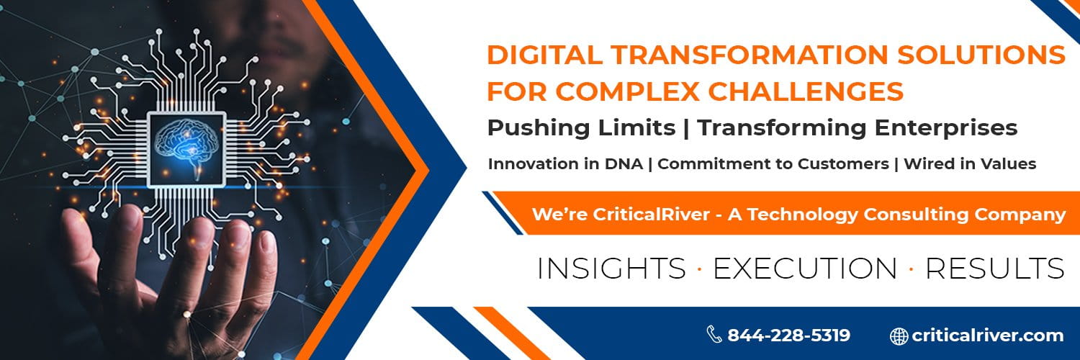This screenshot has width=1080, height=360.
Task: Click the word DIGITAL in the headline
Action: pos(544,55)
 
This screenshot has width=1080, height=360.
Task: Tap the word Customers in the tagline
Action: pos(843,164)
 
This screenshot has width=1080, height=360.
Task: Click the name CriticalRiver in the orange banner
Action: pos(651,214)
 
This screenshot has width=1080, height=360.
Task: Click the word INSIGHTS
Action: pos(611,268)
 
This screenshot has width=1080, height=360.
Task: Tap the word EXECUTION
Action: pos(805,268)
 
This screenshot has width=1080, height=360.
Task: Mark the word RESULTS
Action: pos(994,268)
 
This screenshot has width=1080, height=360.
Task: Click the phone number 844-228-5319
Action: pos(789,335)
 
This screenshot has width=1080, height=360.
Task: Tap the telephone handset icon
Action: pos(714,334)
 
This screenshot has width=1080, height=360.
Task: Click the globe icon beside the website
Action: pos(899,336)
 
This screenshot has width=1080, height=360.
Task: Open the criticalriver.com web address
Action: pos(987,335)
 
